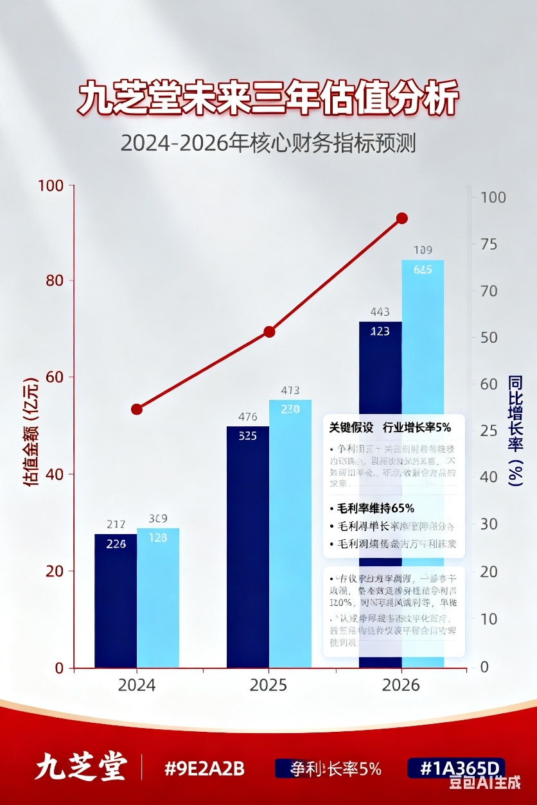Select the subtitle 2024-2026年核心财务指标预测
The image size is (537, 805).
point(268,143)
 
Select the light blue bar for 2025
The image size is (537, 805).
point(290,533)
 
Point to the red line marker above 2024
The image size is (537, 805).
point(137,409)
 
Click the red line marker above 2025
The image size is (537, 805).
point(269,332)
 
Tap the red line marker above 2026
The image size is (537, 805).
point(402,218)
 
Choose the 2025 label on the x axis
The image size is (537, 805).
point(268,685)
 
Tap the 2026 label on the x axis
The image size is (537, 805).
point(401,685)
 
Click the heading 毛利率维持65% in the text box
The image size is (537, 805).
point(376,508)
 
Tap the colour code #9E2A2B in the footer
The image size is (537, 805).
point(204,768)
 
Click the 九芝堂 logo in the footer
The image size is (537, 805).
point(80,768)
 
